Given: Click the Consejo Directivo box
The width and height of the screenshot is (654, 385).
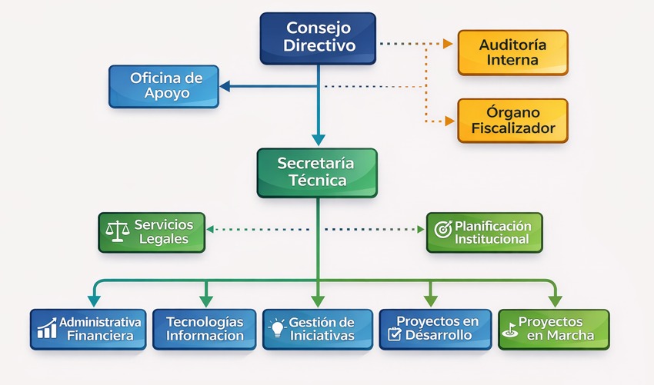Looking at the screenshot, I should [x=318, y=38].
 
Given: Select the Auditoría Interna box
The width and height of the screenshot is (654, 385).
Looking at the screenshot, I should [x=512, y=52].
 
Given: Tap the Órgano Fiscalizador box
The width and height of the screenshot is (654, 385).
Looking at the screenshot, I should [x=512, y=120].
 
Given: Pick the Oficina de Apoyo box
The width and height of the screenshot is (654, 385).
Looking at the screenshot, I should [x=163, y=86].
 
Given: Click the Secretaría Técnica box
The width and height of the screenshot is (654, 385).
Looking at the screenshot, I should [x=316, y=172].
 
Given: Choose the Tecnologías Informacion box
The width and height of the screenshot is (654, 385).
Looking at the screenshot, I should [x=204, y=329].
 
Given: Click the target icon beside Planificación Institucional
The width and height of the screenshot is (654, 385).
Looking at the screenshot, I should [x=443, y=229].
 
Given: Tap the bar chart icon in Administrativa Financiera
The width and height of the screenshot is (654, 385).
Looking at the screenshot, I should [x=47, y=329].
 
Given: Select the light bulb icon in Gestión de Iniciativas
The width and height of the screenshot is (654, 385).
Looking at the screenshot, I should [x=277, y=328].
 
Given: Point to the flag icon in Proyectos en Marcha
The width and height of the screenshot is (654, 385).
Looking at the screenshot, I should [x=509, y=329].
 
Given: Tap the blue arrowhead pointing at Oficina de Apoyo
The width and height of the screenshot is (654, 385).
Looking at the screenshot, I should [x=225, y=86].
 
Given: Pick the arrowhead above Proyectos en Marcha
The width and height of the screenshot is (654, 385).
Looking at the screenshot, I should [x=554, y=301].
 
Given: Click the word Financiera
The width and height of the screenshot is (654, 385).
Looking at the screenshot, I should [x=100, y=336].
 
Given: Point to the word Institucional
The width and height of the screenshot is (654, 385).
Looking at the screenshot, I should [x=492, y=239].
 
